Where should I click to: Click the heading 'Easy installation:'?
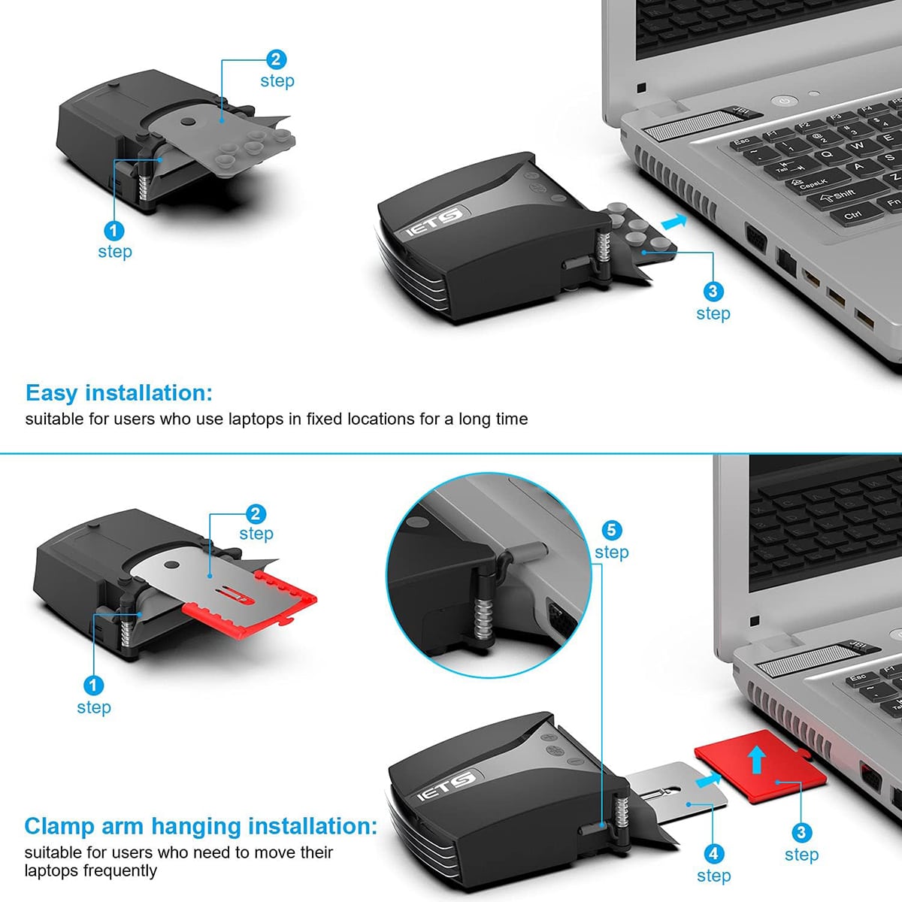point(119,393)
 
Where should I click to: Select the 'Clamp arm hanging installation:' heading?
point(200,826)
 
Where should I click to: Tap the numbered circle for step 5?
point(611,530)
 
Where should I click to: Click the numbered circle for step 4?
point(713,853)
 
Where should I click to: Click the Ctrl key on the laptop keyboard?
point(852,215)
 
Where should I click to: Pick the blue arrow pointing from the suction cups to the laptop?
point(674,221)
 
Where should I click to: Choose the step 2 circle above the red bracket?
point(256,514)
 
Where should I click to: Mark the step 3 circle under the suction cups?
point(713,292)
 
